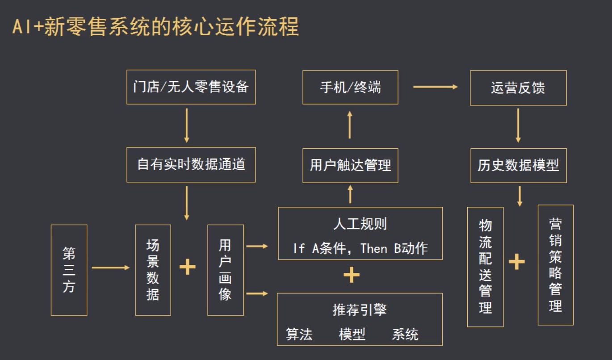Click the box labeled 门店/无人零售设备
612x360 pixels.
(x=191, y=87)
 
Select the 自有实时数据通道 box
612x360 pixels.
(x=191, y=165)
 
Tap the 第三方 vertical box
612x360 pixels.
(x=69, y=270)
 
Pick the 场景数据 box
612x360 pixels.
(x=153, y=270)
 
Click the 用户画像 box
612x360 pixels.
(x=226, y=270)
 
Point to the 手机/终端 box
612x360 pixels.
(x=350, y=87)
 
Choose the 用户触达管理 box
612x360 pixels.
(x=350, y=166)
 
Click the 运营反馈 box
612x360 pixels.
(x=518, y=88)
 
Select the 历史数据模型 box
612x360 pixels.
(x=518, y=166)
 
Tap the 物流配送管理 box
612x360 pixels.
(x=485, y=267)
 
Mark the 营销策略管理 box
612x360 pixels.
(x=555, y=265)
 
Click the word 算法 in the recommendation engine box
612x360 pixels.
(x=299, y=334)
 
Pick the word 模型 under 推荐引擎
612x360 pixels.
(x=352, y=334)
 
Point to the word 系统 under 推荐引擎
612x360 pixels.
(x=405, y=334)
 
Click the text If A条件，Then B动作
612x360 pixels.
(x=360, y=248)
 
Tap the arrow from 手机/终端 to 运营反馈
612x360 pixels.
(x=435, y=87)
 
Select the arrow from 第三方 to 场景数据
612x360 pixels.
(x=110, y=268)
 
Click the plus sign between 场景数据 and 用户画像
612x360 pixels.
(x=188, y=267)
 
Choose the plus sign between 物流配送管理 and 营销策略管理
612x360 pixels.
(x=516, y=262)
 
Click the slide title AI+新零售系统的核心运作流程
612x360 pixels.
(x=155, y=27)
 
